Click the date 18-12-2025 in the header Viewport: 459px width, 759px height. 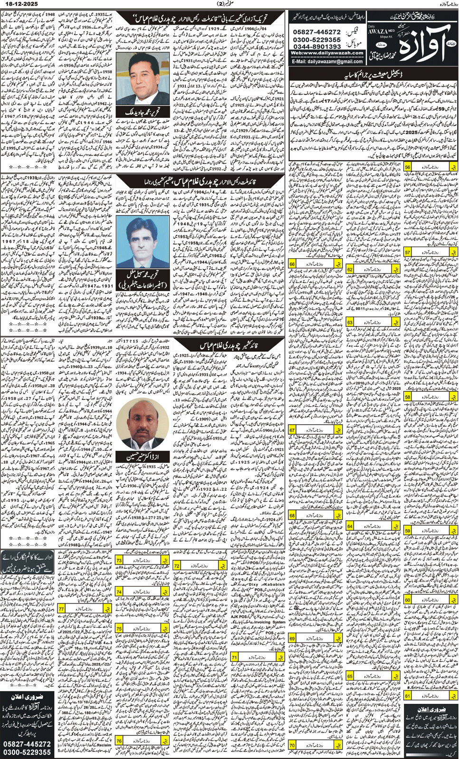(19, 3)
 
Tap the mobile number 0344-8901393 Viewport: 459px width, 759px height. (317, 47)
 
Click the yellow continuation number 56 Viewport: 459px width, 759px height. (408, 168)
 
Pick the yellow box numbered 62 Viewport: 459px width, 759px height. (350, 270)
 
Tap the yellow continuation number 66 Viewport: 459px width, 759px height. (292, 264)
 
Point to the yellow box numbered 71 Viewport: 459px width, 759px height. (235, 657)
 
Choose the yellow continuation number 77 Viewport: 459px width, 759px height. (62, 609)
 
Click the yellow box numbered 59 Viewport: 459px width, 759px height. (408, 531)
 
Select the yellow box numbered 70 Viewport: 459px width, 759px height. (292, 745)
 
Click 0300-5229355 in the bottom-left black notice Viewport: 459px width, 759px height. (27, 752)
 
